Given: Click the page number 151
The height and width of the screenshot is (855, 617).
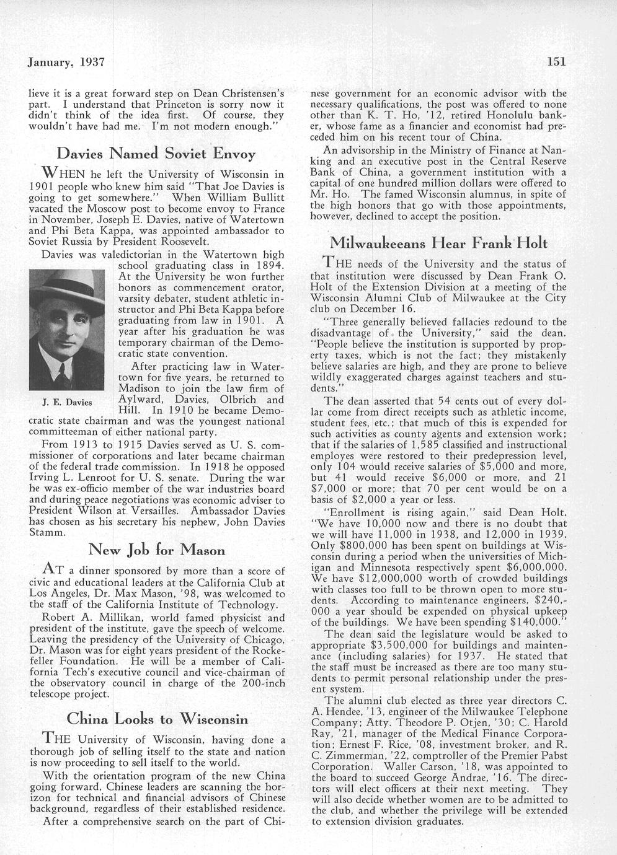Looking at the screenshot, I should [557, 61].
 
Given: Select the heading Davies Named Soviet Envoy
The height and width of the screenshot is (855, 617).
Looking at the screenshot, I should [156, 153].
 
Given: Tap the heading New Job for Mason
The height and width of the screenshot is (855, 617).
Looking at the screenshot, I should [157, 550].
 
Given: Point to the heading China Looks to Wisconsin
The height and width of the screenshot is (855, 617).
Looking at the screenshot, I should [157, 719].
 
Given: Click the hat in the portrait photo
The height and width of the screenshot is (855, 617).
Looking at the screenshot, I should [66, 293].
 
